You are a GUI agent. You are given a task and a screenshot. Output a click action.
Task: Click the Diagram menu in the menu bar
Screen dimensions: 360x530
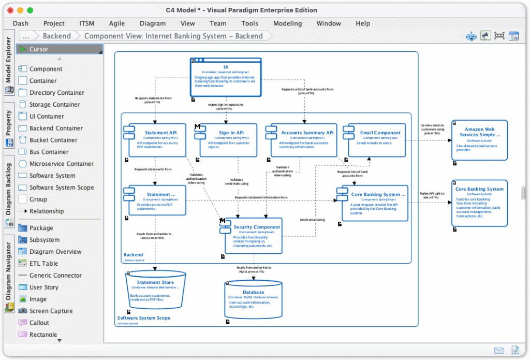click(x=152, y=23)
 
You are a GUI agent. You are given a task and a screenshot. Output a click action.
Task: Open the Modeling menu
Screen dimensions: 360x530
click(x=287, y=23)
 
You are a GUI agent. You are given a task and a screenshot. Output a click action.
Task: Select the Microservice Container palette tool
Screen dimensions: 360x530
click(x=61, y=164)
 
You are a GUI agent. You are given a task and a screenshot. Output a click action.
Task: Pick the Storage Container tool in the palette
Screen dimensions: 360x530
click(x=54, y=105)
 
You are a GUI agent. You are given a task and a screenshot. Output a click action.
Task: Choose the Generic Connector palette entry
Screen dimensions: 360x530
click(x=55, y=276)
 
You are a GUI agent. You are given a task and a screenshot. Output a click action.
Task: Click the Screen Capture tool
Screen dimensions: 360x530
click(x=51, y=311)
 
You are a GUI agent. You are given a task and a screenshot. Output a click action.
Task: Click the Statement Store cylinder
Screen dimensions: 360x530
click(x=155, y=290)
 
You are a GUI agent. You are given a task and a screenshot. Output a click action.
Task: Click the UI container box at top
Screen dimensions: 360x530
click(x=226, y=77)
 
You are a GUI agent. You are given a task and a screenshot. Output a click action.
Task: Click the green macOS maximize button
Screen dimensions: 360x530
click(x=30, y=10)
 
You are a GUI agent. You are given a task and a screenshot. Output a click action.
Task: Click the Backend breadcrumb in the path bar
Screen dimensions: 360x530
click(x=56, y=36)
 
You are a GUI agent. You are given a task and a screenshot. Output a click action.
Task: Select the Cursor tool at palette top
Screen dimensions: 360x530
click(x=38, y=49)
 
